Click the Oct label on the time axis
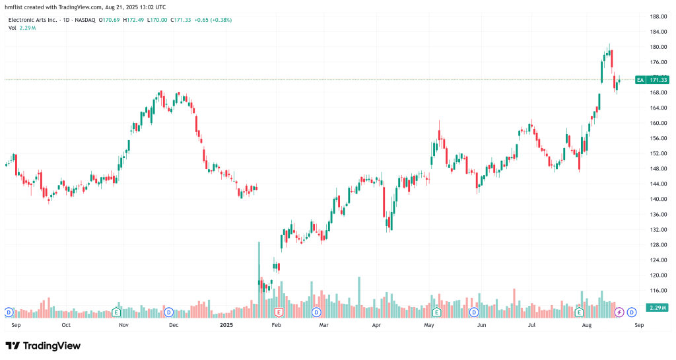pyautogui.click(x=66, y=325)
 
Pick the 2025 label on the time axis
pyautogui.click(x=226, y=325)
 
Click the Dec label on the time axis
pyautogui.click(x=174, y=325)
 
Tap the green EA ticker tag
pyautogui.click(x=640, y=80)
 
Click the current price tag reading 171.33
pyautogui.click(x=658, y=80)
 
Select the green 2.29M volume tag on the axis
pyautogui.click(x=658, y=308)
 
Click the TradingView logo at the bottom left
pyautogui.click(x=43, y=345)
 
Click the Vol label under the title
pyautogui.click(x=13, y=28)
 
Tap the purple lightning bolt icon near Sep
pyautogui.click(x=619, y=312)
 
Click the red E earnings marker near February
pyautogui.click(x=279, y=312)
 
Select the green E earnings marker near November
pyautogui.click(x=116, y=312)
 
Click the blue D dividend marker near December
pyautogui.click(x=169, y=312)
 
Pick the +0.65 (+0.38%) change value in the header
pyautogui.click(x=212, y=20)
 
